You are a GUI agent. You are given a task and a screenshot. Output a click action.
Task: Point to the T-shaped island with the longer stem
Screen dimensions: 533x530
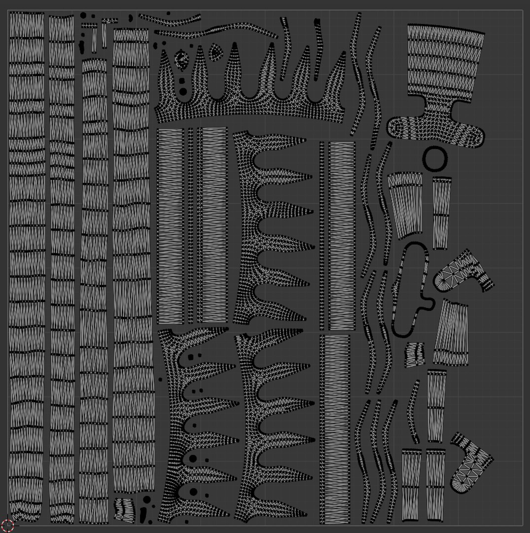[94, 37]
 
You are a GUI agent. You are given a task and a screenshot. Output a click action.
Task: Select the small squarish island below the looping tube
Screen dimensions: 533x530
[415, 355]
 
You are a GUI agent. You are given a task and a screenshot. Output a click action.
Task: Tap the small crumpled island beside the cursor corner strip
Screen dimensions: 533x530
[124, 508]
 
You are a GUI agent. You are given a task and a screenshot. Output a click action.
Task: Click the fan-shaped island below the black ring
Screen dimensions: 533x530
[406, 202]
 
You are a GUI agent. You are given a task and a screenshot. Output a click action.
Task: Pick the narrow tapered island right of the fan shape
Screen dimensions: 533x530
[441, 212]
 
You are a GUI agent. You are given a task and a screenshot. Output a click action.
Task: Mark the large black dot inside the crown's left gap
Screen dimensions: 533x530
[183, 91]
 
